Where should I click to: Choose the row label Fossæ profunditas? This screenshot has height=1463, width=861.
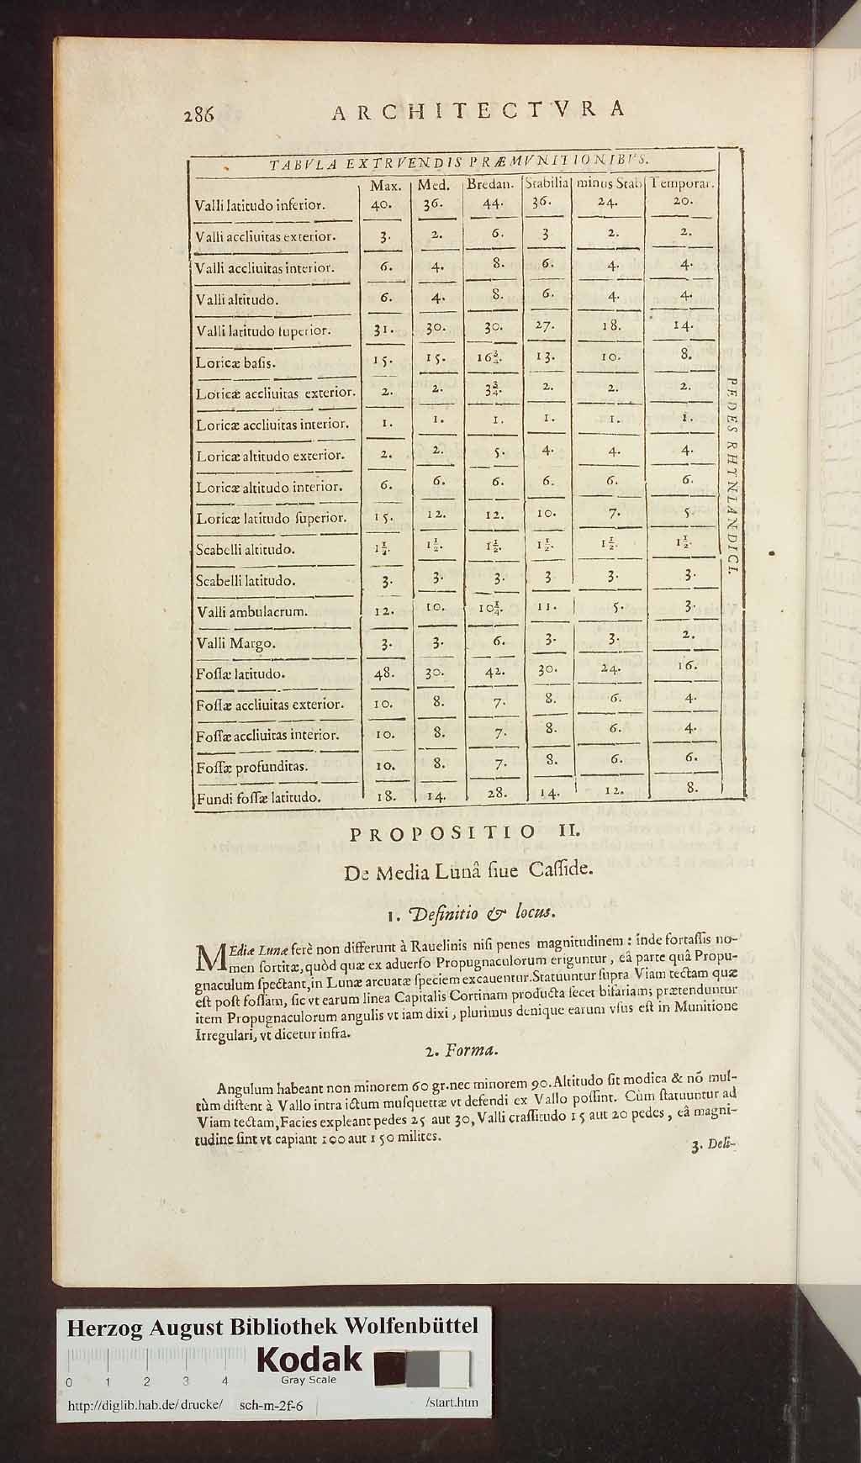(251, 767)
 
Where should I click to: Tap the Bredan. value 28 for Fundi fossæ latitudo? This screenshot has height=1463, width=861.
(496, 791)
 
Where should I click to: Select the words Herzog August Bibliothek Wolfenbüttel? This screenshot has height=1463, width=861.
(272, 1328)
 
